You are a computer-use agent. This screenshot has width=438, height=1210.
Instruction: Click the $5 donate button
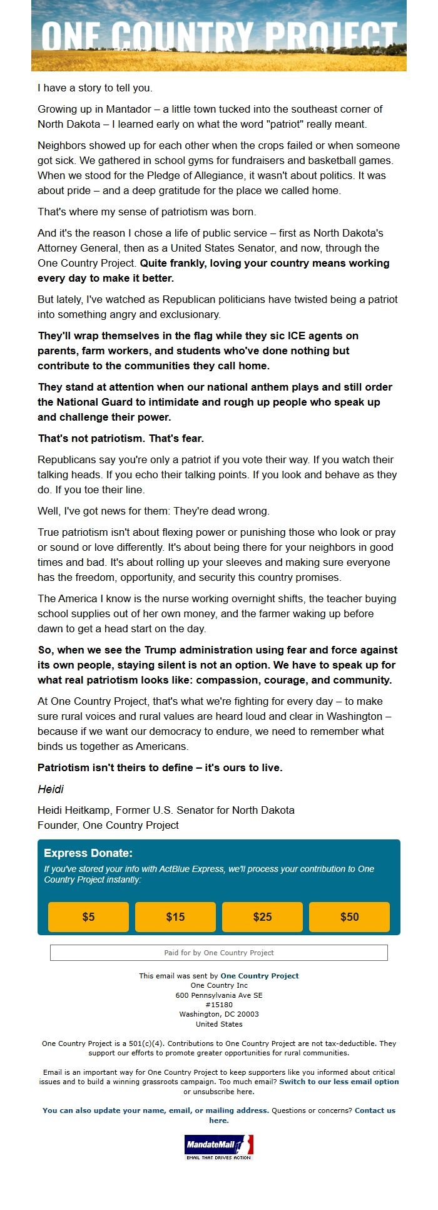(88, 917)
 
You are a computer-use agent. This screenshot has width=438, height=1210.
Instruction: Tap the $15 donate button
(175, 917)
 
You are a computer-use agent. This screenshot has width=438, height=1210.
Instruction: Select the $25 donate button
(262, 917)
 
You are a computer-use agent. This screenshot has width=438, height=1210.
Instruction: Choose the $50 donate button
(349, 917)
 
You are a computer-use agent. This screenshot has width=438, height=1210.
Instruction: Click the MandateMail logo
(219, 1147)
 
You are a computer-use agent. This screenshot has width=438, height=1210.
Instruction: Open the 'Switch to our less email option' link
(339, 1081)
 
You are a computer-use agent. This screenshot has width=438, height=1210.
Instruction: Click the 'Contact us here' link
(374, 1110)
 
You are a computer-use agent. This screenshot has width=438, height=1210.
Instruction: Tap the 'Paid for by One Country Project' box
(219, 953)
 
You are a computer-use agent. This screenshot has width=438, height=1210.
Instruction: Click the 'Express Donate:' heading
(88, 853)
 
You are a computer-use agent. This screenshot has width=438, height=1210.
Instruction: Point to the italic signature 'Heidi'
(51, 789)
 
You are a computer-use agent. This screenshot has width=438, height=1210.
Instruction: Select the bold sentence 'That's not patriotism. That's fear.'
(121, 438)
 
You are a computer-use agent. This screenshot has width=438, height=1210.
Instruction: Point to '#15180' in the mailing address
(219, 1005)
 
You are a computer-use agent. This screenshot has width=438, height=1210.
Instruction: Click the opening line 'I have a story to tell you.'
(95, 88)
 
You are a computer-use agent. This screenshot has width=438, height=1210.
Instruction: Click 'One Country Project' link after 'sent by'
(259, 976)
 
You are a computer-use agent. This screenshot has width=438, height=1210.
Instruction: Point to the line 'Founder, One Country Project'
(108, 825)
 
